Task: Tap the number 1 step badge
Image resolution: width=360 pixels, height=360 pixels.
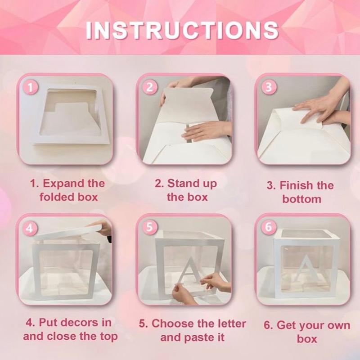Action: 31,87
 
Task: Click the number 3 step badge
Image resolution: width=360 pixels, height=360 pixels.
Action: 269,87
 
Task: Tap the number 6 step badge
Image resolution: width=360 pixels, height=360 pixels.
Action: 269,227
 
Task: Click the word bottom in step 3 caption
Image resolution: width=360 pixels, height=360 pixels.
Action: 302,198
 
